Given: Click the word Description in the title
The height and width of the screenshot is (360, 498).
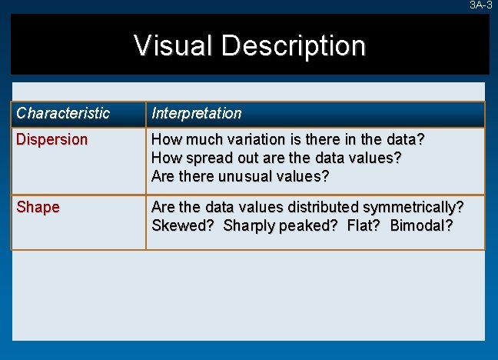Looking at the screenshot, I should click(x=294, y=45).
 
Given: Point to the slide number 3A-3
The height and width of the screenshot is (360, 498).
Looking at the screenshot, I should click(x=481, y=5).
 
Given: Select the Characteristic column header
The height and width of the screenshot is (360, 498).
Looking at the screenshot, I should click(x=63, y=114).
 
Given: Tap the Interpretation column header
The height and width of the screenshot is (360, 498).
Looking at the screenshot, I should click(x=197, y=114).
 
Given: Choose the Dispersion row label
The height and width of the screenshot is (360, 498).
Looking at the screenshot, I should click(x=52, y=140).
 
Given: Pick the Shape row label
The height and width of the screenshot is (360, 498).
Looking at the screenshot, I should click(x=38, y=208).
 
